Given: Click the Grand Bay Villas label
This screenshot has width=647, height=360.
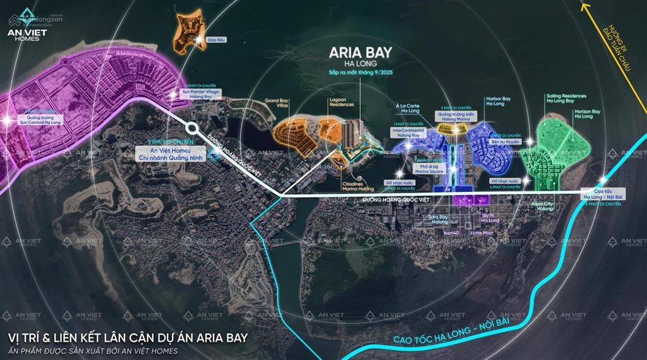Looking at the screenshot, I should coord(276,104).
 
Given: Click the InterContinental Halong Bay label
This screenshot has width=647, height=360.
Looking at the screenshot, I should coord(407,133).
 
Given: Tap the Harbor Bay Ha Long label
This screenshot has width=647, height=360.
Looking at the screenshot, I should coord(498,101).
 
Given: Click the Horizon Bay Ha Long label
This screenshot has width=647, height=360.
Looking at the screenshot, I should coord(587,114).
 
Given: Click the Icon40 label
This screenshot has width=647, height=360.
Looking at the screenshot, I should coord(451,233).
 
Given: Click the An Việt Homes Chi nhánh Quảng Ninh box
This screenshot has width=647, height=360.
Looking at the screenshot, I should coord(171,153).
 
